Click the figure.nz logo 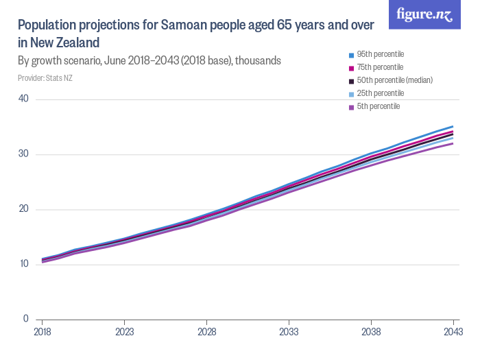(x=424, y=14)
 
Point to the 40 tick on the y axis (x=23, y=99)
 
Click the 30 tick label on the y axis (x=23, y=154)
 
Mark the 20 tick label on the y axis (x=23, y=208)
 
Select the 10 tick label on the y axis (x=23, y=264)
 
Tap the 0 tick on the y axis (x=25, y=319)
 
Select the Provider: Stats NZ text (x=45, y=77)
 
